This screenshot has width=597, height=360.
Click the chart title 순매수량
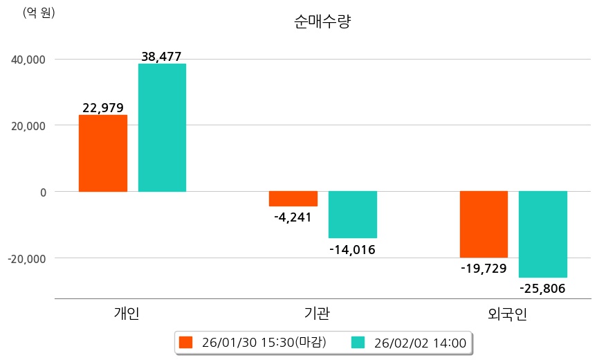pyautogui.click(x=323, y=22)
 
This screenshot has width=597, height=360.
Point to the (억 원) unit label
pyautogui.click(x=39, y=13)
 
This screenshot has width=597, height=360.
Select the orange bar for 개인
pyautogui.click(x=102, y=153)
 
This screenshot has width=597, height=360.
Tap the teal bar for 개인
pyautogui.click(x=162, y=127)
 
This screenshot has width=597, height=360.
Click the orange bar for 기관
pyautogui.click(x=293, y=199)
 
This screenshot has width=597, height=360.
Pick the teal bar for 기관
pyautogui.click(x=353, y=215)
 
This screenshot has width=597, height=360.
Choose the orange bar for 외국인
pyautogui.click(x=484, y=224)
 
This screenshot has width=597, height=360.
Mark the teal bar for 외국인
pyautogui.click(x=543, y=234)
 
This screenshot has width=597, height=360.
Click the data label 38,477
pyautogui.click(x=161, y=57)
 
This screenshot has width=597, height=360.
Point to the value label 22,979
pyautogui.click(x=102, y=108)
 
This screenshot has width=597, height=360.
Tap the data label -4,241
pyautogui.click(x=293, y=217)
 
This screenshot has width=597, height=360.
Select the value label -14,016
pyautogui.click(x=353, y=250)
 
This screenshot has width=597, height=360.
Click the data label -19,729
pyautogui.click(x=484, y=269)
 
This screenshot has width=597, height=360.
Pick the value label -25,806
pyautogui.click(x=543, y=289)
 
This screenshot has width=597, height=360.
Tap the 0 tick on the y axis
pyautogui.click(x=42, y=192)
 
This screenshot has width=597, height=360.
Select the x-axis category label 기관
pyautogui.click(x=317, y=314)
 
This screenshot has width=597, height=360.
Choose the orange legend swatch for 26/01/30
pyautogui.click(x=185, y=342)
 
